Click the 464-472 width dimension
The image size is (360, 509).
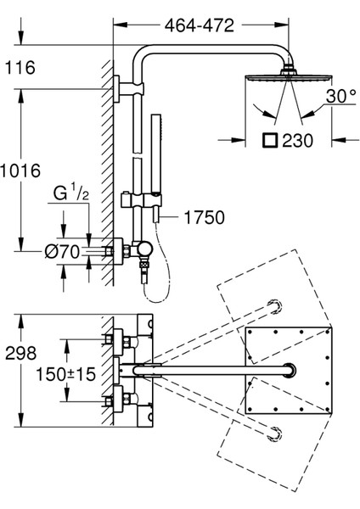(x=200, y=25)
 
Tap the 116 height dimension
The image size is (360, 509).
(x=20, y=68)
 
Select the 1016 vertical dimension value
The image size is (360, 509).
(x=20, y=171)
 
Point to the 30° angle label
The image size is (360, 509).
(x=341, y=96)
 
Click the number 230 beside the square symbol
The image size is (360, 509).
(x=297, y=141)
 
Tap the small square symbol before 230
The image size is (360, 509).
(x=270, y=140)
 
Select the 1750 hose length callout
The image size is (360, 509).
(x=205, y=217)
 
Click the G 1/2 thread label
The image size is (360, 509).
(x=70, y=193)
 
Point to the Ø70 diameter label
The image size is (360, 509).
(x=62, y=252)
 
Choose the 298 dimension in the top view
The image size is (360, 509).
(x=20, y=353)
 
